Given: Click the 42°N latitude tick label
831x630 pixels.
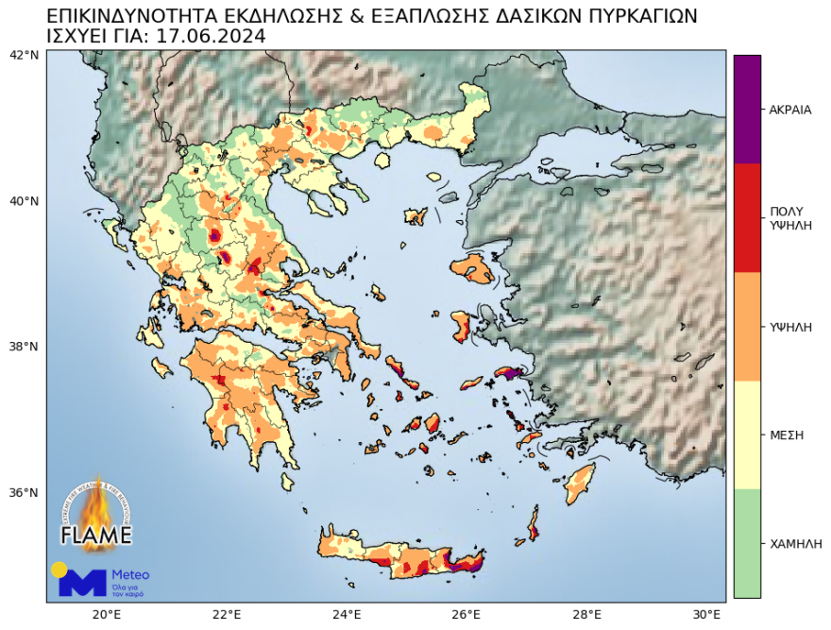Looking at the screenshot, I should point(24,55).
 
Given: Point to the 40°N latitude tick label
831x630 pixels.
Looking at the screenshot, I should point(24,201).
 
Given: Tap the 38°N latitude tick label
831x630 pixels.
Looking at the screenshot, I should point(24,347).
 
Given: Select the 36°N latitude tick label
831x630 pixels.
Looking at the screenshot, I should point(24,493).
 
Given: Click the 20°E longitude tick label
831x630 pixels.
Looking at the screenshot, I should point(106,614).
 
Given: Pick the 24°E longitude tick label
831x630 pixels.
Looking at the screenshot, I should point(347,614).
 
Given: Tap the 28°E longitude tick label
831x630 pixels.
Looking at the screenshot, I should point(587,614).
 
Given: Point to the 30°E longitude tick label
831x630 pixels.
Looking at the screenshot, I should point(706,614).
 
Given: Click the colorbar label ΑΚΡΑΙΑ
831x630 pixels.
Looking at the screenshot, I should point(790,110).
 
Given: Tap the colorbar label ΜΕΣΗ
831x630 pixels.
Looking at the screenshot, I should point(787,435).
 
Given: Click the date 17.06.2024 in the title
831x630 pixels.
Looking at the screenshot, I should point(210,36).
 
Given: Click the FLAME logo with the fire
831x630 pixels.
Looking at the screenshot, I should point(96,515).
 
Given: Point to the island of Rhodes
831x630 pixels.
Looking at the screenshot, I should point(578,484).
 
